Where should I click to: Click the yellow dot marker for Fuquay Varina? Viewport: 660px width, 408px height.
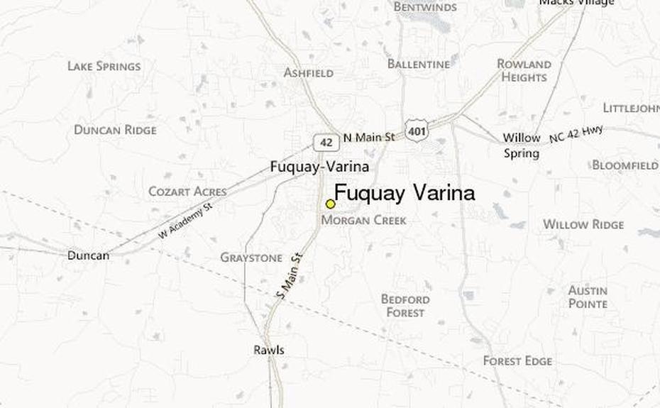[330, 204]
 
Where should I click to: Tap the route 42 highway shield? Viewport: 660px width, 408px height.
[326, 142]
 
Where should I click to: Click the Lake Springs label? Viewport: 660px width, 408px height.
[104, 66]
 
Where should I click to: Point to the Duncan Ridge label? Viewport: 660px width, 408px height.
[115, 130]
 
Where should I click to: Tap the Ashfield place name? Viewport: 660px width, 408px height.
[309, 72]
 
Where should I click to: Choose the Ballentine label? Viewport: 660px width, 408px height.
[419, 64]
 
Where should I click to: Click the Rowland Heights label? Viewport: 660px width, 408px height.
[524, 70]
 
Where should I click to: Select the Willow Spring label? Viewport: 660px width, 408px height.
[522, 145]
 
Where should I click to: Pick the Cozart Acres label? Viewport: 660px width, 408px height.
[187, 192]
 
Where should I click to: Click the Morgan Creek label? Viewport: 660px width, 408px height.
[364, 221]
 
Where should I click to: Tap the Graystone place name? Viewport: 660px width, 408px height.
[251, 258]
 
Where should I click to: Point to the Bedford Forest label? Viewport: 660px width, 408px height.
[405, 306]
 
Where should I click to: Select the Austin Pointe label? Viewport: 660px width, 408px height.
[588, 297]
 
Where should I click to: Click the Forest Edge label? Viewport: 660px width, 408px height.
[517, 361]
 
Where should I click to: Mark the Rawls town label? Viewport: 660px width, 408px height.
[269, 350]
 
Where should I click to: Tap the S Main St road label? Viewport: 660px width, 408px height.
[290, 276]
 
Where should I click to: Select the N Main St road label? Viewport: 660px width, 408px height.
[368, 138]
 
